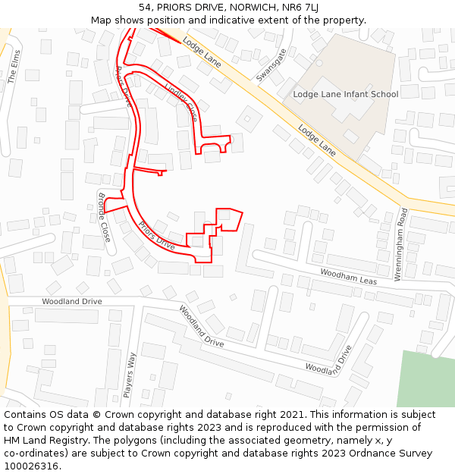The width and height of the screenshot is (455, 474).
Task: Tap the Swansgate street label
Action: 271,65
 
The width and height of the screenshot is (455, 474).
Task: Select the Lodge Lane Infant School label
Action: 345,94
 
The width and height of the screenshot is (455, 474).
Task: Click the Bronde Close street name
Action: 104,217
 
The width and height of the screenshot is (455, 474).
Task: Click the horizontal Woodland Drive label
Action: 71,301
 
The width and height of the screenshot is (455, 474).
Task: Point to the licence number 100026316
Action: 32,466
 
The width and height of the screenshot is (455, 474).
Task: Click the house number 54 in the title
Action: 146,7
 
